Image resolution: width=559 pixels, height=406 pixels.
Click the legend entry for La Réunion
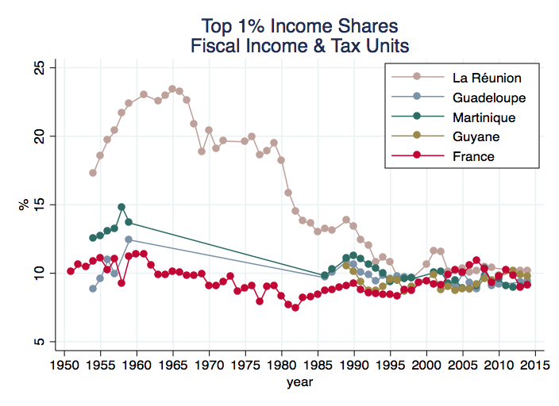click(486, 79)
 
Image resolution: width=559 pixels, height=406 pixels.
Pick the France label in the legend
click(473, 156)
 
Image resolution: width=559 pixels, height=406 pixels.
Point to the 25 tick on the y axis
click(38, 68)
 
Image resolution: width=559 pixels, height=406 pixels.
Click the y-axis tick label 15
click(38, 205)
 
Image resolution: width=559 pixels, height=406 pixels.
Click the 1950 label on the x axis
click(64, 366)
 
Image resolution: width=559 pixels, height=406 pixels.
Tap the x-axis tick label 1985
click(318, 366)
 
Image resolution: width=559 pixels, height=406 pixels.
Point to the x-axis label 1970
click(209, 366)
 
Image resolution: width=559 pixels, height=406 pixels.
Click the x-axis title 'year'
click(299, 382)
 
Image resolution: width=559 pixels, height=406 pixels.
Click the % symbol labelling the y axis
click(23, 205)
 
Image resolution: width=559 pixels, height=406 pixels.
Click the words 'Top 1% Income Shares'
click(299, 25)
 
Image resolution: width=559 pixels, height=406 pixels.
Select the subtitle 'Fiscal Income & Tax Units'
click(299, 45)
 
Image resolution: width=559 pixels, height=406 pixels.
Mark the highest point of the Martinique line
click(121, 207)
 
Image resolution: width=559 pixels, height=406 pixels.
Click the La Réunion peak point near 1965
click(172, 89)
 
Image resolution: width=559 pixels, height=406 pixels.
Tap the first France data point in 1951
click(71, 271)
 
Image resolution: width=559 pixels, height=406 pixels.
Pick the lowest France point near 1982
click(295, 308)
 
